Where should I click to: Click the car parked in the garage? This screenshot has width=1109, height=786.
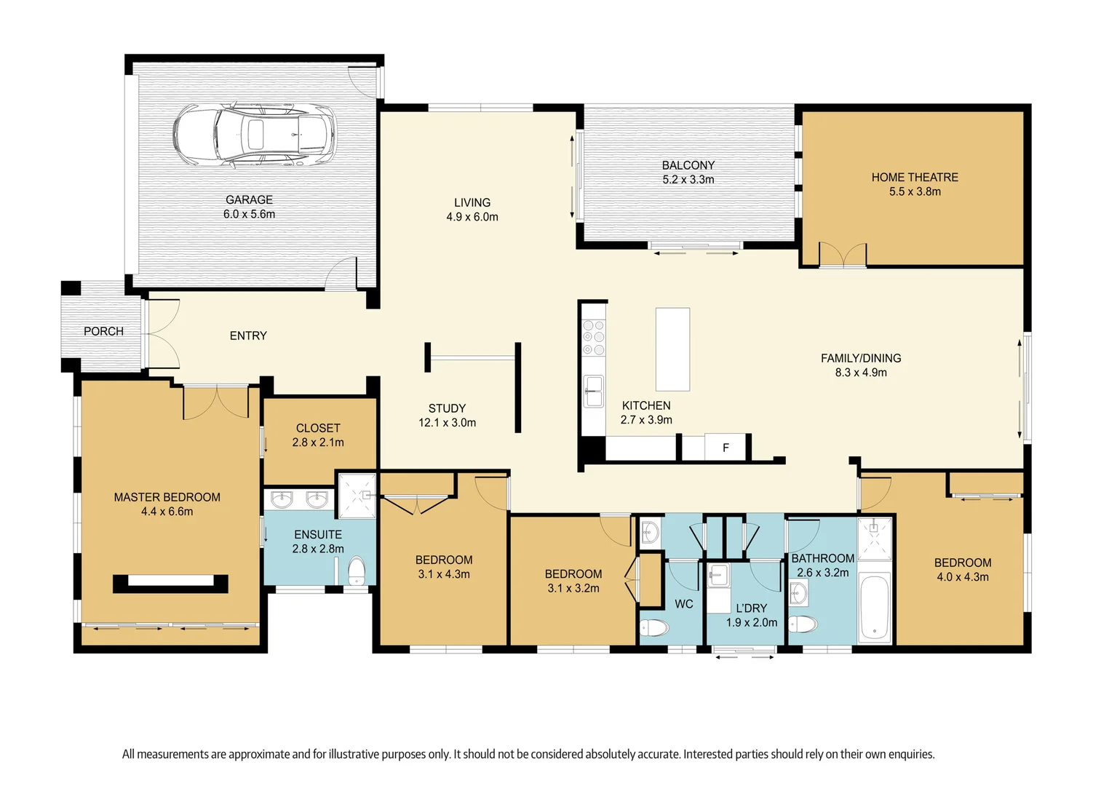tap(254, 135)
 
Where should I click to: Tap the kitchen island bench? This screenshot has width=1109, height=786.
tap(672, 349)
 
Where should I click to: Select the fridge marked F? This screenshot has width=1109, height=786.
tap(725, 448)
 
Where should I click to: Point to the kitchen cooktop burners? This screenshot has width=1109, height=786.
tap(594, 338)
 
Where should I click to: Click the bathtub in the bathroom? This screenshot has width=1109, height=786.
tap(874, 607)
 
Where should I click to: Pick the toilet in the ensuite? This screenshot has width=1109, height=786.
tap(357, 571)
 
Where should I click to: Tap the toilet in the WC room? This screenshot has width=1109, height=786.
tap(654, 627)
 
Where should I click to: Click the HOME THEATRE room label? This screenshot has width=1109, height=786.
tap(915, 178)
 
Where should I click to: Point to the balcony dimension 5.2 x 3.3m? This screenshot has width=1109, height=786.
tap(688, 180)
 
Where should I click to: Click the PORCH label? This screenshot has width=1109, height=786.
tap(103, 331)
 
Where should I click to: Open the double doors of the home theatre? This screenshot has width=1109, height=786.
tap(843, 255)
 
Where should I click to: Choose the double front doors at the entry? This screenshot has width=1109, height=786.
tap(163, 333)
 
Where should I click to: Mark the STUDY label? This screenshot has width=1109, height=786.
tap(447, 408)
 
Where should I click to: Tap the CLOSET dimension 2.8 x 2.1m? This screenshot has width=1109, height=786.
tap(318, 442)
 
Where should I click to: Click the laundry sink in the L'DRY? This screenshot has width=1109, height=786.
tap(718, 576)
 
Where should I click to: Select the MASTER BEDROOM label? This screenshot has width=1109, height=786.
tap(167, 497)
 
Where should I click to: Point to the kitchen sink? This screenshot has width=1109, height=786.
tap(594, 391)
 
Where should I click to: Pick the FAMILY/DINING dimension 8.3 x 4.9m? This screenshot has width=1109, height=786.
tap(861, 373)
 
